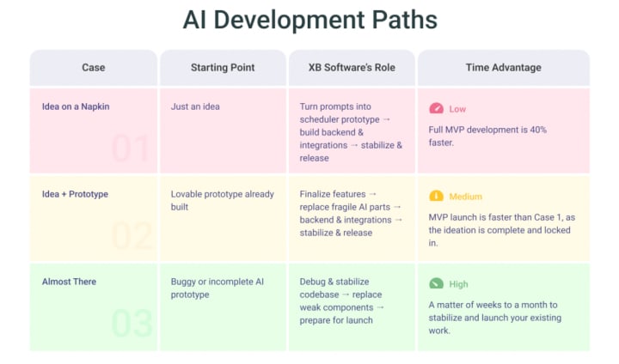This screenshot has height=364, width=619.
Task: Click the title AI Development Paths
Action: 309,21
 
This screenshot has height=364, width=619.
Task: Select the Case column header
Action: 94,67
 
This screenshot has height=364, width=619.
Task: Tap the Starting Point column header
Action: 223,67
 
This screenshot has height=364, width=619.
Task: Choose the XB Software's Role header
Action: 352,67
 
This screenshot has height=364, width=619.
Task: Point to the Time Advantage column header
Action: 504,67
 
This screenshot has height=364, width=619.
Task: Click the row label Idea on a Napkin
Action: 76,107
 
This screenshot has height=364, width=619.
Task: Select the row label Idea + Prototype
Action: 75,194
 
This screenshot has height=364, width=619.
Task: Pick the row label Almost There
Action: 69,282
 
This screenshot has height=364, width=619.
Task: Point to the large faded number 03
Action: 132,324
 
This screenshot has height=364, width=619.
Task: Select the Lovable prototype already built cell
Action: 222,200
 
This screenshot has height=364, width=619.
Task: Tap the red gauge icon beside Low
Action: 436,109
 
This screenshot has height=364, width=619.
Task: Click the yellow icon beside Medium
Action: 436,196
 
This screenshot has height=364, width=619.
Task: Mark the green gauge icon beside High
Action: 436,283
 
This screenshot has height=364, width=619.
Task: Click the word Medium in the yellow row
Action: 466,197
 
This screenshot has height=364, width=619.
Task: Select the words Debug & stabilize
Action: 334,282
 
